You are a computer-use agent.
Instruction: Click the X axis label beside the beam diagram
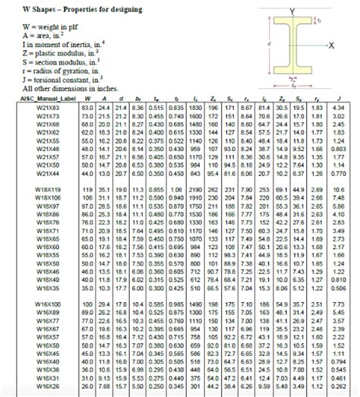click(331, 46)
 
